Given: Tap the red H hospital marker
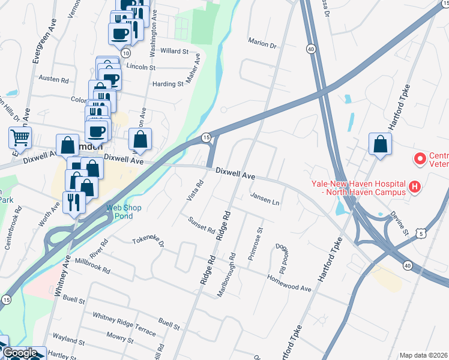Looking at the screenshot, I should click(x=414, y=188).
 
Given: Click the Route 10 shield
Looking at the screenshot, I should click(x=125, y=53).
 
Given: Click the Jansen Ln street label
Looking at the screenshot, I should click(x=265, y=199).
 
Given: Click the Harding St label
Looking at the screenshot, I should click(x=167, y=84).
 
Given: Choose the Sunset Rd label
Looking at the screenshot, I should click(x=202, y=226).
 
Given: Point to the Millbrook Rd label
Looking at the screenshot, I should click(x=92, y=265).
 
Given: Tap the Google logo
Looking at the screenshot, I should click(x=20, y=353).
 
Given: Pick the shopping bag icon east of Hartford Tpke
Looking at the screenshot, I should click(x=380, y=145).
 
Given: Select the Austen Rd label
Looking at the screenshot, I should click(x=54, y=78).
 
